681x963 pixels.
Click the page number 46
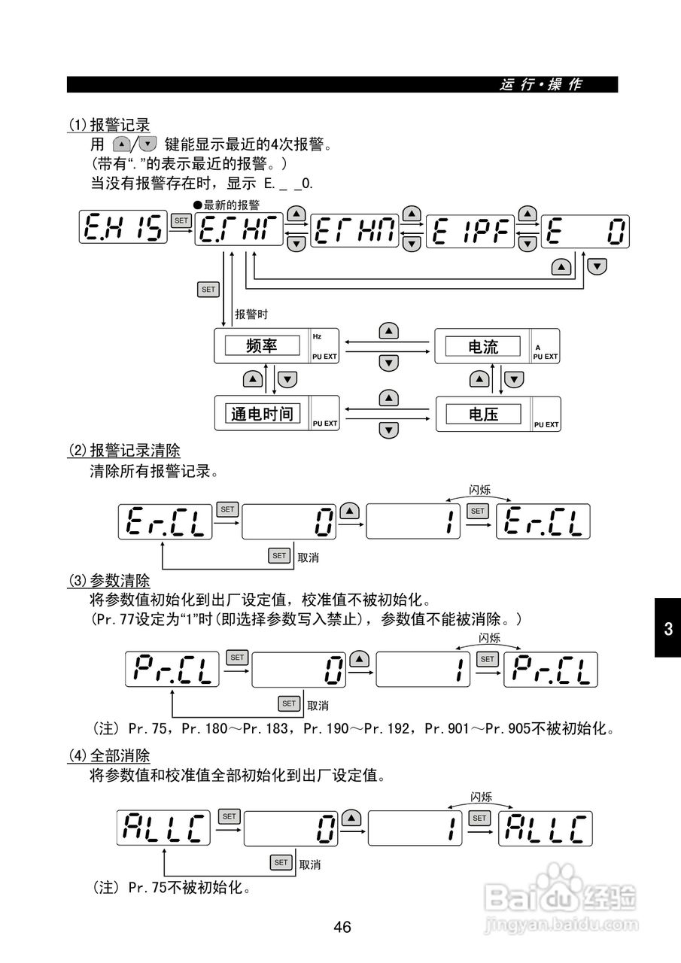click(342, 927)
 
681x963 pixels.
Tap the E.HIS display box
click(123, 227)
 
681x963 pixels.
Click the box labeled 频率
click(261, 346)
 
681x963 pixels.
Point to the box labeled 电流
click(482, 347)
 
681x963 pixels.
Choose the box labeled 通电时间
click(261, 413)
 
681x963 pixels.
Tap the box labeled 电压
click(482, 414)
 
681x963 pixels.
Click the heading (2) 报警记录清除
click(124, 451)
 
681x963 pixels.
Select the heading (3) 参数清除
click(109, 582)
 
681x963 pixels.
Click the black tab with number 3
click(667, 629)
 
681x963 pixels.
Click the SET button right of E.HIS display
click(181, 220)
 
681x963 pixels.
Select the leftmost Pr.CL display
click(172, 669)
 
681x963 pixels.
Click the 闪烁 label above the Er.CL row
click(479, 491)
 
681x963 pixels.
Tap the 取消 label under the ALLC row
click(310, 864)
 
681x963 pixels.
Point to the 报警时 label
click(251, 314)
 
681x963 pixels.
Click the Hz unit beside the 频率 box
click(317, 336)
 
